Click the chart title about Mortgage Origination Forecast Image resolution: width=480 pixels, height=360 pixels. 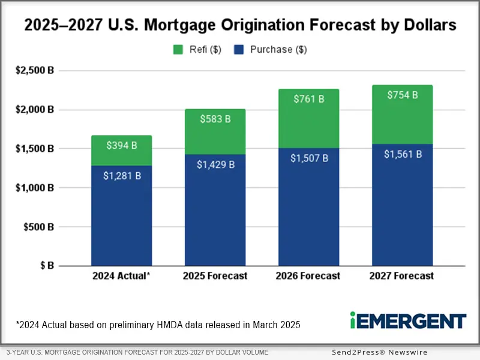[240, 26]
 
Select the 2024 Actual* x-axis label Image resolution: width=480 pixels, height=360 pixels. [121, 277]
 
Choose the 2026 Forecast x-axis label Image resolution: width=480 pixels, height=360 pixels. [308, 277]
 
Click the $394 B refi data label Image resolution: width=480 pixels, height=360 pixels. [121, 145]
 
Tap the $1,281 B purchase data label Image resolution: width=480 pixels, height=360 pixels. [121, 176]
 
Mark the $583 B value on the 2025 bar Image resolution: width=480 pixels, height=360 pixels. [215, 119]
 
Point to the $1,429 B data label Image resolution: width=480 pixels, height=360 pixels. [215, 164]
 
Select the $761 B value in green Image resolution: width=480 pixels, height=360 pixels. [308, 99]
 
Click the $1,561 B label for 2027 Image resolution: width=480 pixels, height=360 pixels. [402, 154]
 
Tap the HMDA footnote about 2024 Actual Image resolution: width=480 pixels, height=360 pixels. [158, 325]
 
